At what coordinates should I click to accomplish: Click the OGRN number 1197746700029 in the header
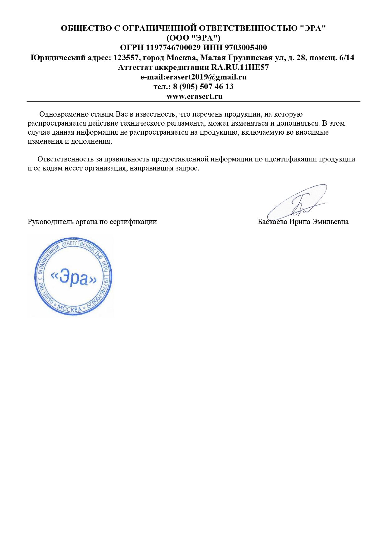[173, 48]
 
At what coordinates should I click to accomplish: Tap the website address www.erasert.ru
[194, 96]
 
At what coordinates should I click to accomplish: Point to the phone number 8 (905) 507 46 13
[203, 87]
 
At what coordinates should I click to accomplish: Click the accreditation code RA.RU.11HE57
[240, 67]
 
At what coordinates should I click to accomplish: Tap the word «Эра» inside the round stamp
[74, 277]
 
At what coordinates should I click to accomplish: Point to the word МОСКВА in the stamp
[70, 309]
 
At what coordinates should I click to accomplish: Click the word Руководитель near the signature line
[47, 222]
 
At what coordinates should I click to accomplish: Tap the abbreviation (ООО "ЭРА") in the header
[193, 38]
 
